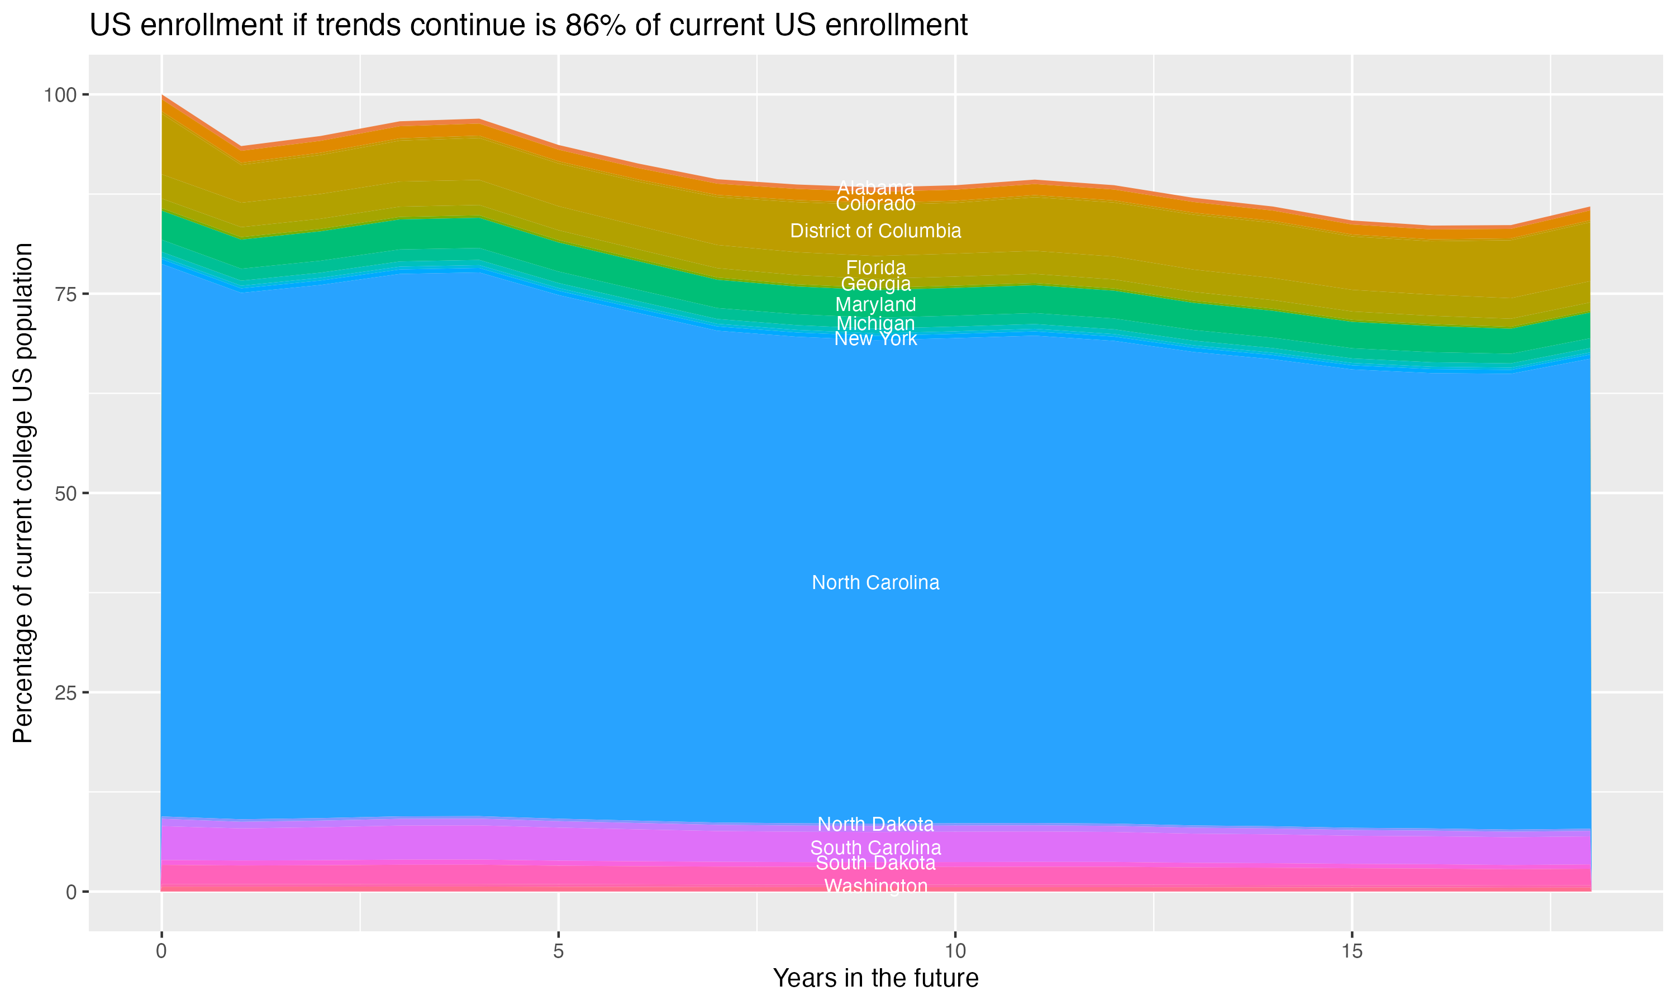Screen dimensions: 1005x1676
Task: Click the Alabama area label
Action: [x=875, y=188]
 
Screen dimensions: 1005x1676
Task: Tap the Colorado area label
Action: [x=875, y=204]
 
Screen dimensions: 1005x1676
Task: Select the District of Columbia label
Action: [x=875, y=231]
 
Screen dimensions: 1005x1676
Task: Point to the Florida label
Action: [x=875, y=267]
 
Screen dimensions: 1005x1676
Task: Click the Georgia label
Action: [x=875, y=284]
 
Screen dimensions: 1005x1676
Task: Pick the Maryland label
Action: [x=875, y=305]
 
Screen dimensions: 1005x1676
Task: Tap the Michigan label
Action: [x=875, y=324]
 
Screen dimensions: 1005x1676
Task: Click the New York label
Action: [x=875, y=338]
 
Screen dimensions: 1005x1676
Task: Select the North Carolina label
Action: [x=875, y=582]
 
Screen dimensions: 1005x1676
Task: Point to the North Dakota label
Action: [x=875, y=824]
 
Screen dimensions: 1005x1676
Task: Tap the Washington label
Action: [x=875, y=886]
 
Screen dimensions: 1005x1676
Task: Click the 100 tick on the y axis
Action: [x=61, y=95]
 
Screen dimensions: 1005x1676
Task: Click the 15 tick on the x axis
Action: [x=1351, y=951]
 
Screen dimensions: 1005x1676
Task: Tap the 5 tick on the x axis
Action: [x=558, y=951]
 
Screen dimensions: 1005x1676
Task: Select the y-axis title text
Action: [x=23, y=492]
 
